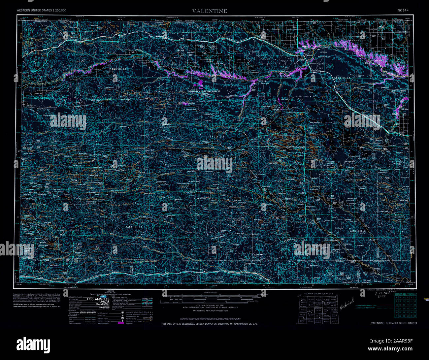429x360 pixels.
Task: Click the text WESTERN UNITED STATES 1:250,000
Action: [x=41, y=11]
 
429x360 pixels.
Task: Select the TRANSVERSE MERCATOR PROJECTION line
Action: [x=210, y=311]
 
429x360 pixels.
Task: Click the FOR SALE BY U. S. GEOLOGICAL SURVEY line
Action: [x=210, y=324]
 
